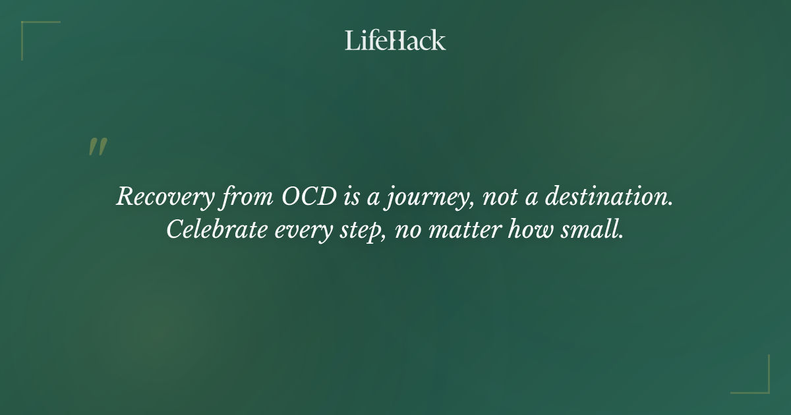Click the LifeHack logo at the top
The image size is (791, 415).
(x=395, y=40)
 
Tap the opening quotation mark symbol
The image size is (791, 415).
(x=97, y=148)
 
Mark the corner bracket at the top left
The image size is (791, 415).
(x=30, y=30)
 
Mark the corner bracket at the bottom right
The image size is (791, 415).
(x=761, y=385)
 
